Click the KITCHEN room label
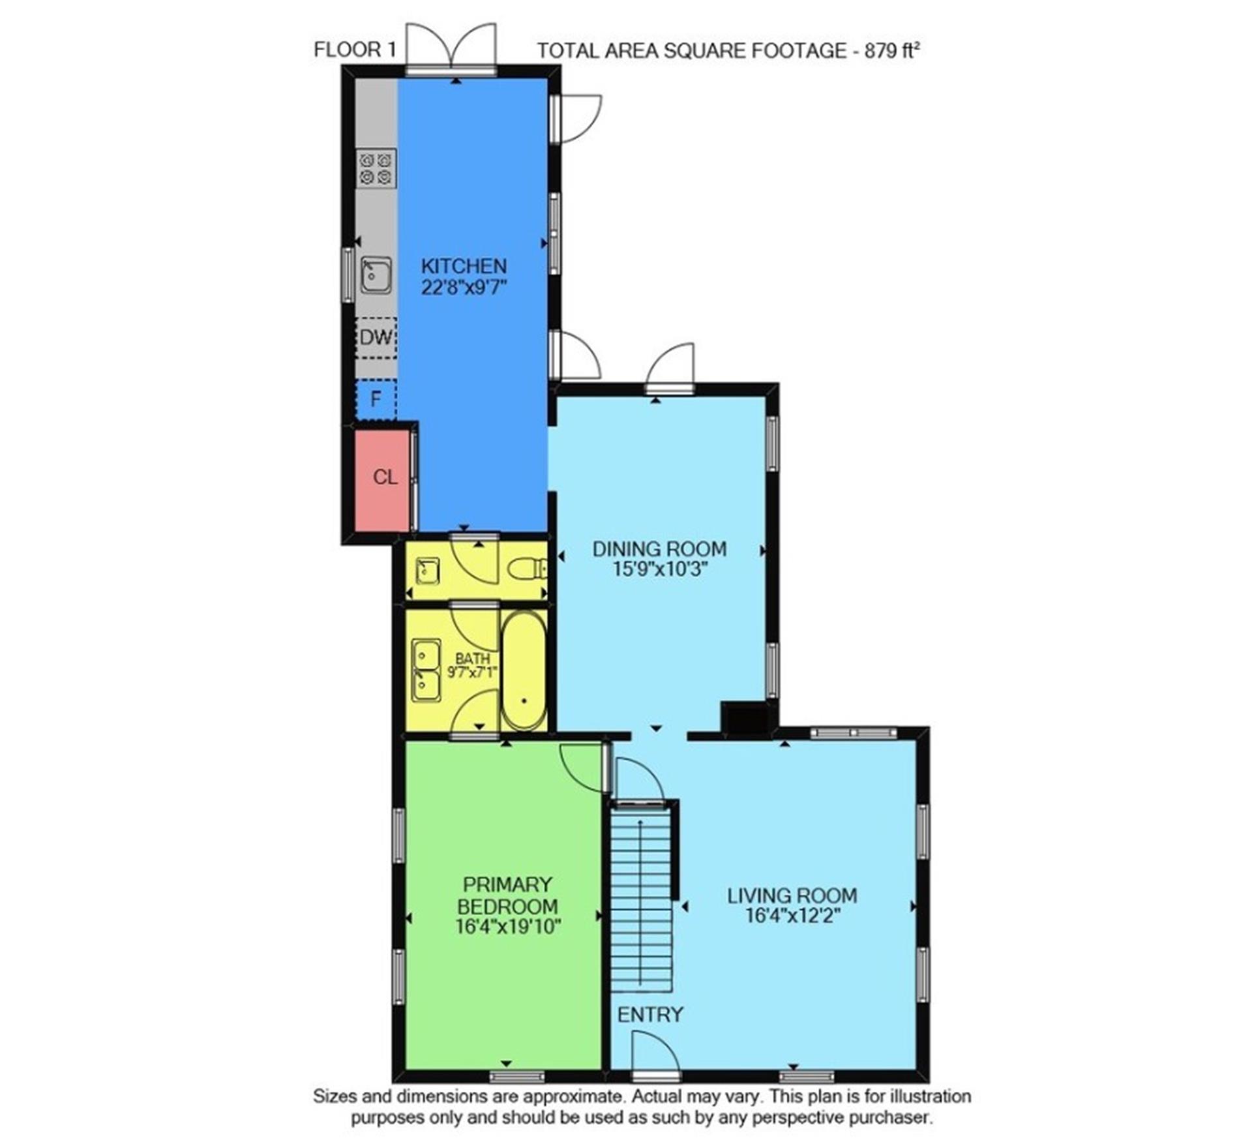coord(464,266)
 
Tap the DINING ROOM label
coord(659,549)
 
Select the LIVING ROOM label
coord(792,895)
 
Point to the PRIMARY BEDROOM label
coord(507,895)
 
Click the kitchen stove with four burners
coord(376,168)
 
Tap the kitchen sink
coord(376,275)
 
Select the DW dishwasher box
coord(376,337)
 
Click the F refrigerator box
coord(376,399)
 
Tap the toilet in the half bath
coord(527,569)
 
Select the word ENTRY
coord(650,1015)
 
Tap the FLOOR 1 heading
coord(355,50)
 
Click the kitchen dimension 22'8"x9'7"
coord(464,288)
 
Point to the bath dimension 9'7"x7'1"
coord(473,670)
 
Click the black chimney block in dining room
coord(745,719)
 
